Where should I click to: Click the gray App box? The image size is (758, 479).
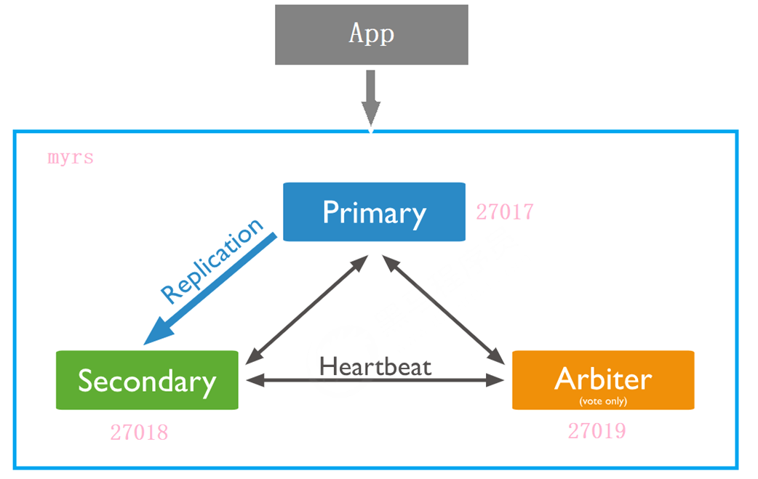(306, 35)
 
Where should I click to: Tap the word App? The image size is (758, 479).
(371, 33)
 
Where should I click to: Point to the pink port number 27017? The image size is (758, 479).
(505, 212)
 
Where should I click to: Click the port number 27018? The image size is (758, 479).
(139, 432)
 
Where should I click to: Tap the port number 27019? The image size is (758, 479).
(597, 430)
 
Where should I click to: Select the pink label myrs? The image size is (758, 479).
(71, 158)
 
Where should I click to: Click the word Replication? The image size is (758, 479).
(212, 260)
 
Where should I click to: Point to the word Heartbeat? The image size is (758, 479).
(375, 366)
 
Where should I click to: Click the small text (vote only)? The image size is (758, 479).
(603, 400)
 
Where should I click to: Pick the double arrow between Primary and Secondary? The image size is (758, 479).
(306, 309)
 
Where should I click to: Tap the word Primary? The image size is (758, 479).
(374, 212)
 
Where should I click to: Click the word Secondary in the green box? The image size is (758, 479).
(147, 381)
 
